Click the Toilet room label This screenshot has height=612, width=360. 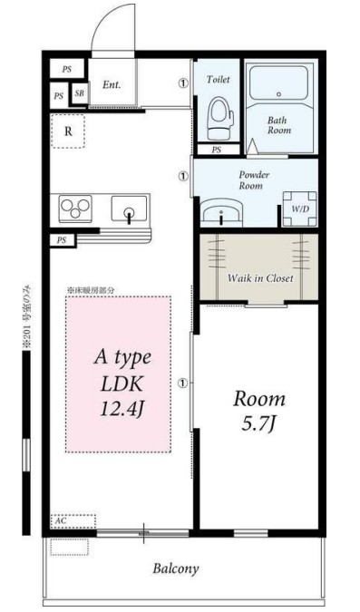219,80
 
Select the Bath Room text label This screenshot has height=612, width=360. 278,125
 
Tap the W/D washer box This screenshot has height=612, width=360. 298,209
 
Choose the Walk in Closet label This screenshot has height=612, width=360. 259,277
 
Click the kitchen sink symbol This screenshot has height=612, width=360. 129,211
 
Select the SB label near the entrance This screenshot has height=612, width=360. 79,93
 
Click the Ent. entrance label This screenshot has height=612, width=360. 112,86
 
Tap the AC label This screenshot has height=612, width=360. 62,520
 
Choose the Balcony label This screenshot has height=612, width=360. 176,568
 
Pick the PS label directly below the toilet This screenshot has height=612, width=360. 216,150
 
